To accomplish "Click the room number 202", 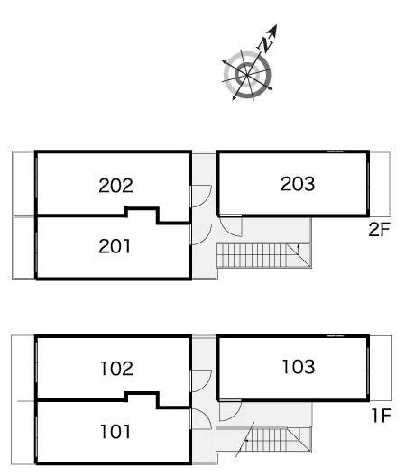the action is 115,186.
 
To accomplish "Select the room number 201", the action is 115,246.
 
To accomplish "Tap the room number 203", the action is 298,184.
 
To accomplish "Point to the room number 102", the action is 116,368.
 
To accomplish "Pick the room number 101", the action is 115,431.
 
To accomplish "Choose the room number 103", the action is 299,366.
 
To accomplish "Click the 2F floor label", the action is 379,230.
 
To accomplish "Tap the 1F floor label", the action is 382,416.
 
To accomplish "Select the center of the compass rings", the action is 247,75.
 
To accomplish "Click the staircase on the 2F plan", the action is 263,255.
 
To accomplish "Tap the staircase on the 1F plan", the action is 263,440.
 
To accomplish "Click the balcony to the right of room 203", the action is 380,184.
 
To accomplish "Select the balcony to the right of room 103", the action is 381,368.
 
